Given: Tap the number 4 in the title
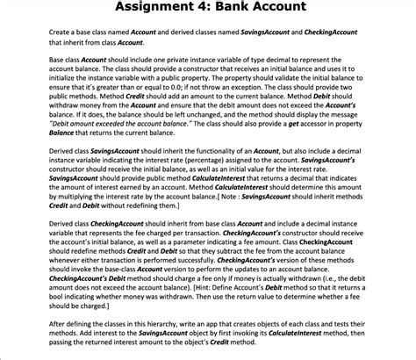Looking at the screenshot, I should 219,10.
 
